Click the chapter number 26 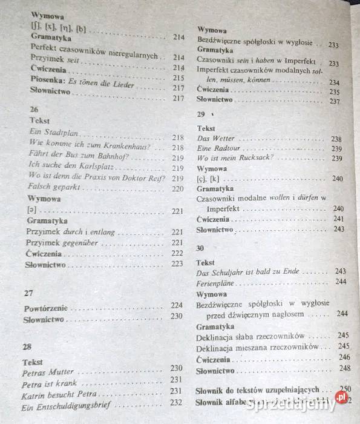tap(34, 109)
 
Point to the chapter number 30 tap(200, 248)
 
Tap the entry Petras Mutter tap(47, 371)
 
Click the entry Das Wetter tap(217, 138)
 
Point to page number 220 tap(177, 189)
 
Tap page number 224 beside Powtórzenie tap(177, 305)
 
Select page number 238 tap(336, 139)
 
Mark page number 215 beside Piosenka tap(178, 78)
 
